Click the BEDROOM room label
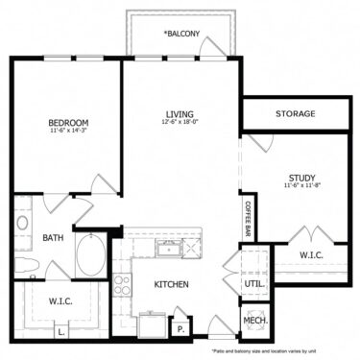point(69,122)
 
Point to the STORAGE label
point(296,114)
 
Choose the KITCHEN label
point(169,284)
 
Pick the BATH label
point(54,238)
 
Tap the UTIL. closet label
point(254,285)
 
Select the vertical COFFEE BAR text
point(247,220)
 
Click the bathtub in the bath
point(93,256)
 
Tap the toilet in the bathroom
point(25,264)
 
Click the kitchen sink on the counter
point(170,250)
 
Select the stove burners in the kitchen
point(123,284)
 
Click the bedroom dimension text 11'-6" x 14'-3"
point(69,132)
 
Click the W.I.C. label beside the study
point(312,255)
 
